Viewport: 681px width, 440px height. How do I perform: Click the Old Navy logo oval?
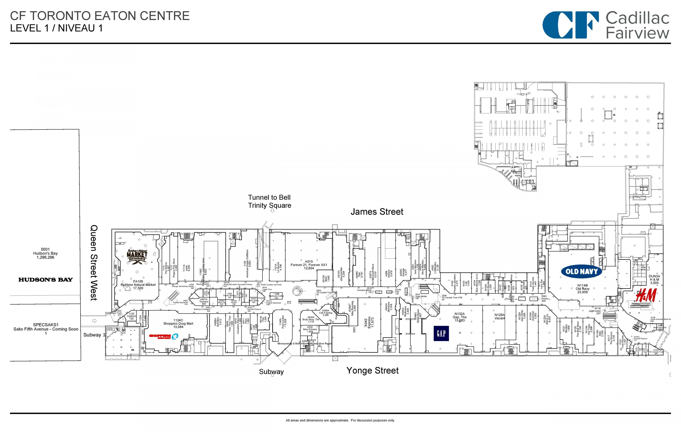[581, 271]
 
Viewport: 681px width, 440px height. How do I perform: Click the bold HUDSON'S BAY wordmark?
[45, 280]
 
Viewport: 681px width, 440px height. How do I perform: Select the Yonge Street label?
[372, 371]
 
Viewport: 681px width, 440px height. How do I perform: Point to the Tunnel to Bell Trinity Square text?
[269, 201]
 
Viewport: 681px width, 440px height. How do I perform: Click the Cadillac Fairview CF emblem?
[570, 25]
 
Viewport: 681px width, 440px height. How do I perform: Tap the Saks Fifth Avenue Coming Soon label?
[46, 329]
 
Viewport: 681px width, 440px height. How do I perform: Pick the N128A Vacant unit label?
[500, 316]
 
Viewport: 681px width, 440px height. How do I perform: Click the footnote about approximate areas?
[340, 420]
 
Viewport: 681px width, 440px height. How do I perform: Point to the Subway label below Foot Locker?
[271, 372]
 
